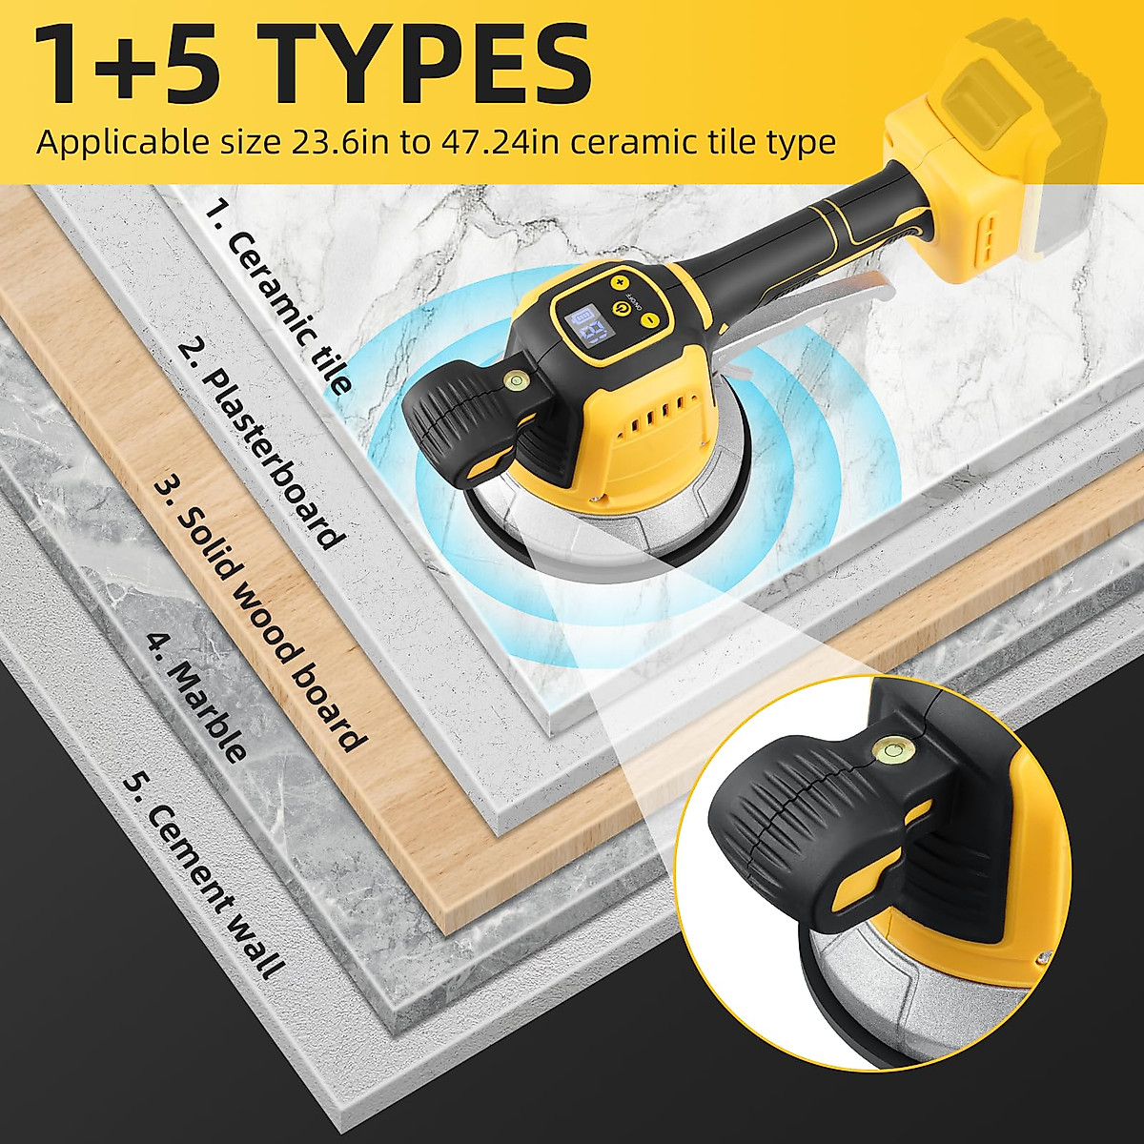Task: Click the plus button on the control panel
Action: click(x=618, y=282)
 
